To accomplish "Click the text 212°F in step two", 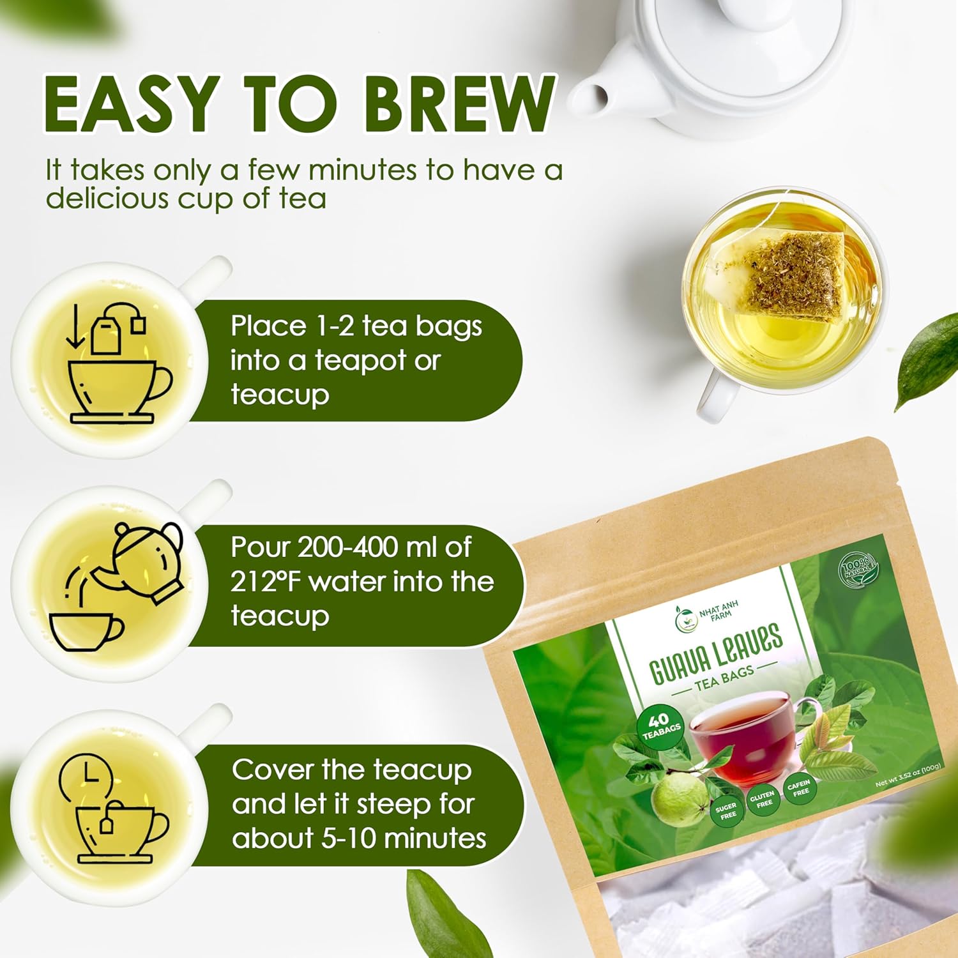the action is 266,582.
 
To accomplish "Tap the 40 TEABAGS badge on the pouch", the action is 660,726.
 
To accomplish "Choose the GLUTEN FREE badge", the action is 763,799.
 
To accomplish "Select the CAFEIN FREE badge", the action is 799,787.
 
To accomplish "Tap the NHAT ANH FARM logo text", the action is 718,610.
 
